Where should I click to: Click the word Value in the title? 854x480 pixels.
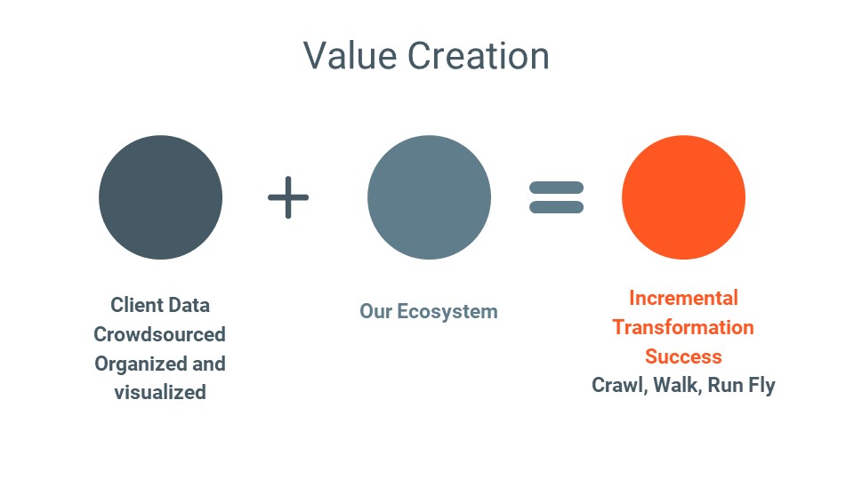pyautogui.click(x=350, y=55)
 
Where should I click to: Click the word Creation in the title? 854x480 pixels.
pyautogui.click(x=479, y=55)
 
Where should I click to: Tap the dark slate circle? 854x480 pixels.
pyautogui.click(x=161, y=197)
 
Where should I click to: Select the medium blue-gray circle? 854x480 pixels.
pyautogui.click(x=429, y=197)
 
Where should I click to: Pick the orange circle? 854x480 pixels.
pyautogui.click(x=683, y=197)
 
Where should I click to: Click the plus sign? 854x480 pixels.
pyautogui.click(x=288, y=197)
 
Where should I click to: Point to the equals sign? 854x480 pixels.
pyautogui.click(x=557, y=197)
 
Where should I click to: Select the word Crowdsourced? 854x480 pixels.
pyautogui.click(x=159, y=334)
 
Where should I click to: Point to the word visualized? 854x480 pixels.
pyautogui.click(x=160, y=392)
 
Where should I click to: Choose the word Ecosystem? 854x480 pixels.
pyautogui.click(x=447, y=312)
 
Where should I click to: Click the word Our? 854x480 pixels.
pyautogui.click(x=375, y=312)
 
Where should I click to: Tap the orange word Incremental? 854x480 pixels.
pyautogui.click(x=683, y=299)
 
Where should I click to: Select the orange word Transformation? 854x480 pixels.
pyautogui.click(x=683, y=328)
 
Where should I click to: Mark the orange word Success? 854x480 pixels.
pyautogui.click(x=683, y=356)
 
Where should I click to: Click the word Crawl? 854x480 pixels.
pyautogui.click(x=620, y=385)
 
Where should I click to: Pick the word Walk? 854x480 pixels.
pyautogui.click(x=678, y=385)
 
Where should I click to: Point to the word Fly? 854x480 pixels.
pyautogui.click(x=761, y=386)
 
